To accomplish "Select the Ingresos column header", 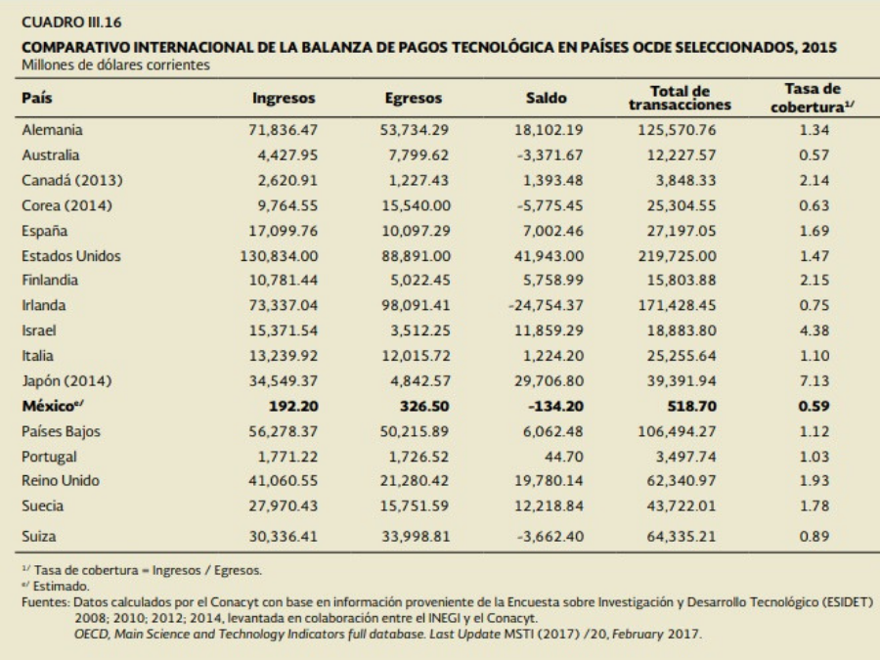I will pyautogui.click(x=284, y=98).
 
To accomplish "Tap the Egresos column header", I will pyautogui.click(x=414, y=98).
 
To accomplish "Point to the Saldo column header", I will pyautogui.click(x=546, y=98).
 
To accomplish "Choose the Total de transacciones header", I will pyautogui.click(x=690, y=97).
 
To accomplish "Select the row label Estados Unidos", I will pyautogui.click(x=69, y=255).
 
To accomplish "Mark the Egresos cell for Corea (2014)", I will pyautogui.click(x=418, y=205).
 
